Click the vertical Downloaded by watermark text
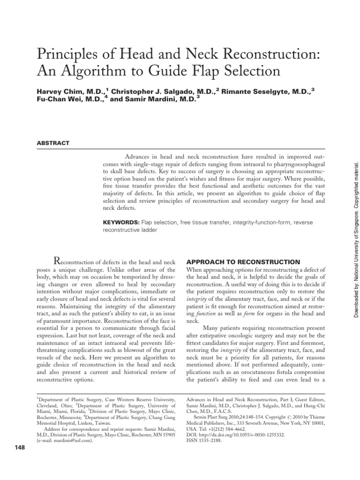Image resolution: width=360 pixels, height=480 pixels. pyautogui.click(x=355, y=234)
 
